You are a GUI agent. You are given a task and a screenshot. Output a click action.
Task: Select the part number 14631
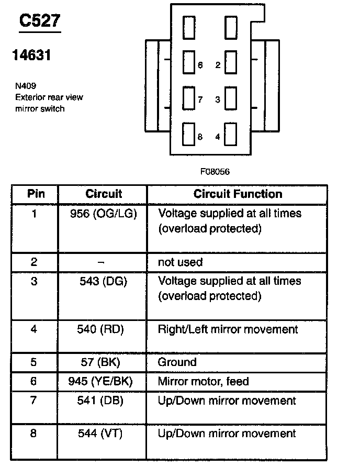coord(31,55)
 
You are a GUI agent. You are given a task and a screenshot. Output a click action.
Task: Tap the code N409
coord(26,86)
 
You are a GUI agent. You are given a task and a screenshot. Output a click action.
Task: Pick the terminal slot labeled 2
coord(231,63)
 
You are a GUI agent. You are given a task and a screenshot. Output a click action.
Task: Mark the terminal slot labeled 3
coord(231,98)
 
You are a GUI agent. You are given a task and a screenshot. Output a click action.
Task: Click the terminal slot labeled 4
coord(231,135)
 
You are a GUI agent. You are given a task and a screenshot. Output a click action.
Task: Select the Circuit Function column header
coord(238,194)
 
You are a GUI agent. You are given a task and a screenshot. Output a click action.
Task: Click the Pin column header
coord(36,194)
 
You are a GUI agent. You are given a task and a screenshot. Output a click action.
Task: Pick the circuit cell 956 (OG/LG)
coord(103,214)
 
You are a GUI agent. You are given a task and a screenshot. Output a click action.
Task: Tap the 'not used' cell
coord(180,262)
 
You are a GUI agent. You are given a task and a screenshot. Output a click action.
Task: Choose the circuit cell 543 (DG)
coord(103,281)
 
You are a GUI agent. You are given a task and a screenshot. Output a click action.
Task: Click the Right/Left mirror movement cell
coord(228,329)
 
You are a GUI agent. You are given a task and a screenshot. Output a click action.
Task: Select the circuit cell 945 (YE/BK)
coord(103,382)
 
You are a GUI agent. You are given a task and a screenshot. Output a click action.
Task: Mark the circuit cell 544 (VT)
coord(103,434)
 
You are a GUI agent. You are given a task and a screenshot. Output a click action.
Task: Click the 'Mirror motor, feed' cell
coord(203,382)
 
